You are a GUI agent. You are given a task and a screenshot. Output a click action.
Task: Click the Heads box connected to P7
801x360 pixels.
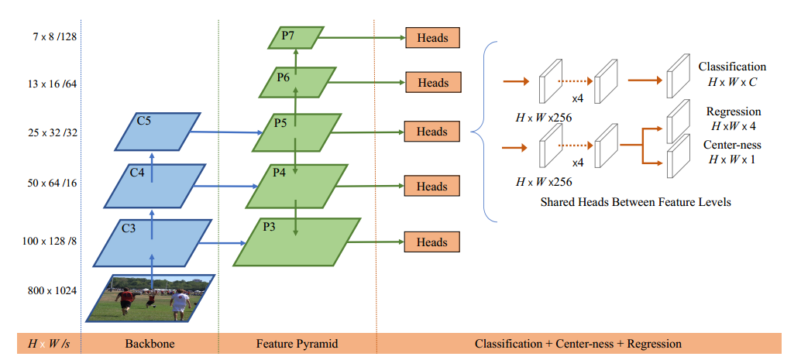coord(432,37)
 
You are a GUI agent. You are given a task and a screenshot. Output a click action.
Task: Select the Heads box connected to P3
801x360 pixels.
coord(432,242)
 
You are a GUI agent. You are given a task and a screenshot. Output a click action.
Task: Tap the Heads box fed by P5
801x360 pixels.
coord(432,132)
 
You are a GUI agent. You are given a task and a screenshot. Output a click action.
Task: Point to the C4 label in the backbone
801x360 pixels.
coord(137,173)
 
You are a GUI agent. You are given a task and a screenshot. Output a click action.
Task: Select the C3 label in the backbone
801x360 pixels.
coord(129,228)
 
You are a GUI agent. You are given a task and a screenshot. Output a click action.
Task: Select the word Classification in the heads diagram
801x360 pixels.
coord(732,67)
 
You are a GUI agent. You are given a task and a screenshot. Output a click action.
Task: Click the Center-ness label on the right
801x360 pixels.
coord(732,145)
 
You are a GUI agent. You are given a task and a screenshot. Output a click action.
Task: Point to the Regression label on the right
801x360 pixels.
coord(734,111)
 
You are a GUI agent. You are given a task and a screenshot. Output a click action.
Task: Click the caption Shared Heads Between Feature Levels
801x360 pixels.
coord(635,202)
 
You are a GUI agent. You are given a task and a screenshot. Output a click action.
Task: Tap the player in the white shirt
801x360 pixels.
coord(180,303)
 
